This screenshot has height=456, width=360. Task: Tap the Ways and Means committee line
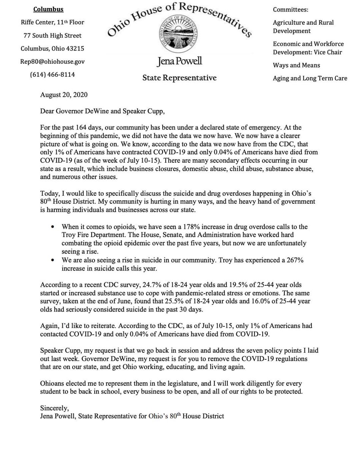tap(297, 65)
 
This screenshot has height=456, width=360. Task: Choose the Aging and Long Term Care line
tap(310, 78)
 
